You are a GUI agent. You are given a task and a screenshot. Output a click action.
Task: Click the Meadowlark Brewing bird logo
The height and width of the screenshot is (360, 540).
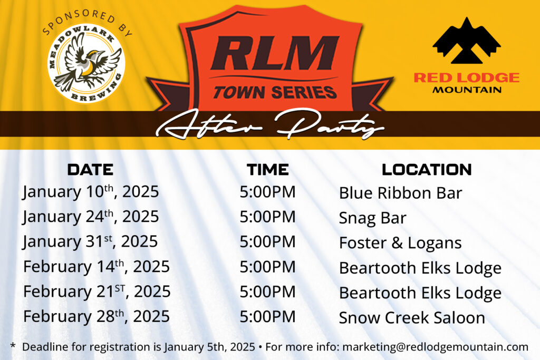coord(86,63)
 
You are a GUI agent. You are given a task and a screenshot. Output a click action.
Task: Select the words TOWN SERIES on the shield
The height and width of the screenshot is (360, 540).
coord(275,92)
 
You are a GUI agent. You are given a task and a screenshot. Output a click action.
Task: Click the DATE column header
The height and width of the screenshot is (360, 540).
coord(90,170)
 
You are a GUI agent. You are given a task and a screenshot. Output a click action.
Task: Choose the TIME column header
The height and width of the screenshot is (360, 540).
coord(267,170)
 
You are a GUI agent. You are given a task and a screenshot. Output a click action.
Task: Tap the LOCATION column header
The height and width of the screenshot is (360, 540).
coord(427,169)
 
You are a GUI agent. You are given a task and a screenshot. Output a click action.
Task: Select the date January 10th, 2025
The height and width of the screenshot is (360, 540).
coord(91,192)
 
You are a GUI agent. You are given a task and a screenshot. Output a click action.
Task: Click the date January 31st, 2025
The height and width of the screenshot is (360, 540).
coord(90,241)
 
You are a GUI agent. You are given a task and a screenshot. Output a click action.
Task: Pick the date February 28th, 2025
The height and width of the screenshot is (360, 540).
coord(97,316)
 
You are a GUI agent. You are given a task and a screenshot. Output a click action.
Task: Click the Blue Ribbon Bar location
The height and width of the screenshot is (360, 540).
coord(401,193)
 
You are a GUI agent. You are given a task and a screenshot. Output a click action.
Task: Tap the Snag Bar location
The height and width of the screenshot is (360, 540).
coord(373,218)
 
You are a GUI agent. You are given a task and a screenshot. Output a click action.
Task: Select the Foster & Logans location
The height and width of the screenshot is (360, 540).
coord(400,242)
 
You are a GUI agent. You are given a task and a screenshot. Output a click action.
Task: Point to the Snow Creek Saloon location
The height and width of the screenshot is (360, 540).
coord(412,317)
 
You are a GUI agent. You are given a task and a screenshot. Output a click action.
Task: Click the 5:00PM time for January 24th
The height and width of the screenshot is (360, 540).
coord(267,217)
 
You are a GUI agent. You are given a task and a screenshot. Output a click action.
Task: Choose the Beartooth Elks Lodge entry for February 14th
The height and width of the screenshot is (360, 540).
coord(420,268)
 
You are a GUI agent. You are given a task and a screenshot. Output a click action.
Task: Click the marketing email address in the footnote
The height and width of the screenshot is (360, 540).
coord(435,347)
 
